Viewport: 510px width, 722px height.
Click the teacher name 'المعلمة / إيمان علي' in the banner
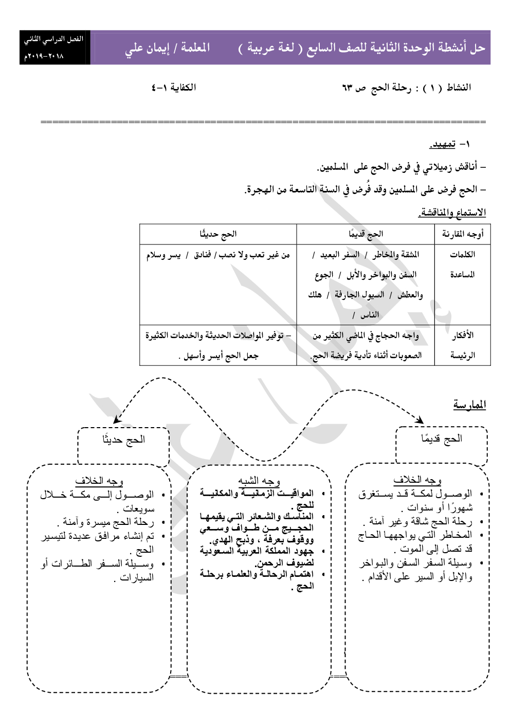[x=167, y=48]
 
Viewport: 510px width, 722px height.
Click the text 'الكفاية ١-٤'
[x=173, y=87]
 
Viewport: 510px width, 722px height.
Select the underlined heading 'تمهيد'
[x=443, y=145]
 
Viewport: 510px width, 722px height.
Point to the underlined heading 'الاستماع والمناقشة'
[x=452, y=213]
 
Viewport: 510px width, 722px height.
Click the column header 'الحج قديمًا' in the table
[x=366, y=234]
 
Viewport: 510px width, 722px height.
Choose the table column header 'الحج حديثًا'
[x=218, y=234]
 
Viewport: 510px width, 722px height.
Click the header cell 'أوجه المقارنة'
[x=463, y=234]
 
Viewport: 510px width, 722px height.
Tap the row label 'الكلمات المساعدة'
[x=462, y=265]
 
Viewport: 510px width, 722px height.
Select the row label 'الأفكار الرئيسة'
[x=463, y=345]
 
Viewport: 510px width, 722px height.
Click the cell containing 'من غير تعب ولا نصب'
[x=218, y=255]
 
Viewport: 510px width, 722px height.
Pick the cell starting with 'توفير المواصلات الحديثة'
[x=218, y=345]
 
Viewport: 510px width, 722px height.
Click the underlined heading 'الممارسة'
[x=469, y=405]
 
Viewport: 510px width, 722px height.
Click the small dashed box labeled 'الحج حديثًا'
[x=123, y=446]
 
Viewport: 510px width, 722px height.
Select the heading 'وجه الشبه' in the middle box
[x=259, y=481]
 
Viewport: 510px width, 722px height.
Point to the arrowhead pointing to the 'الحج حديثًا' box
[x=117, y=420]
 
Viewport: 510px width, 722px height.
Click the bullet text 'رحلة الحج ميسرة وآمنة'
[x=108, y=522]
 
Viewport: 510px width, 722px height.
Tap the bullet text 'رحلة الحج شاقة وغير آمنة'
[x=421, y=521]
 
